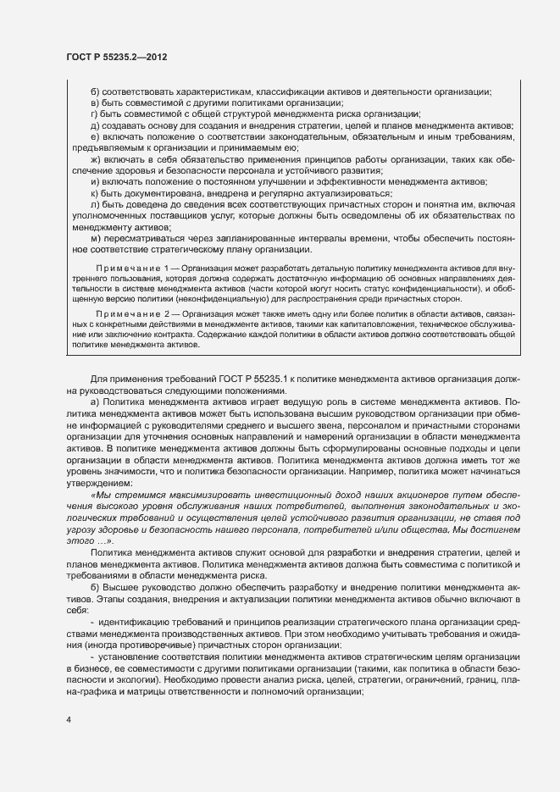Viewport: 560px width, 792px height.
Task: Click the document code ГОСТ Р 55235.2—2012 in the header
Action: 115,57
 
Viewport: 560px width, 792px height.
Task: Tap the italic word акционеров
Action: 391,493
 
